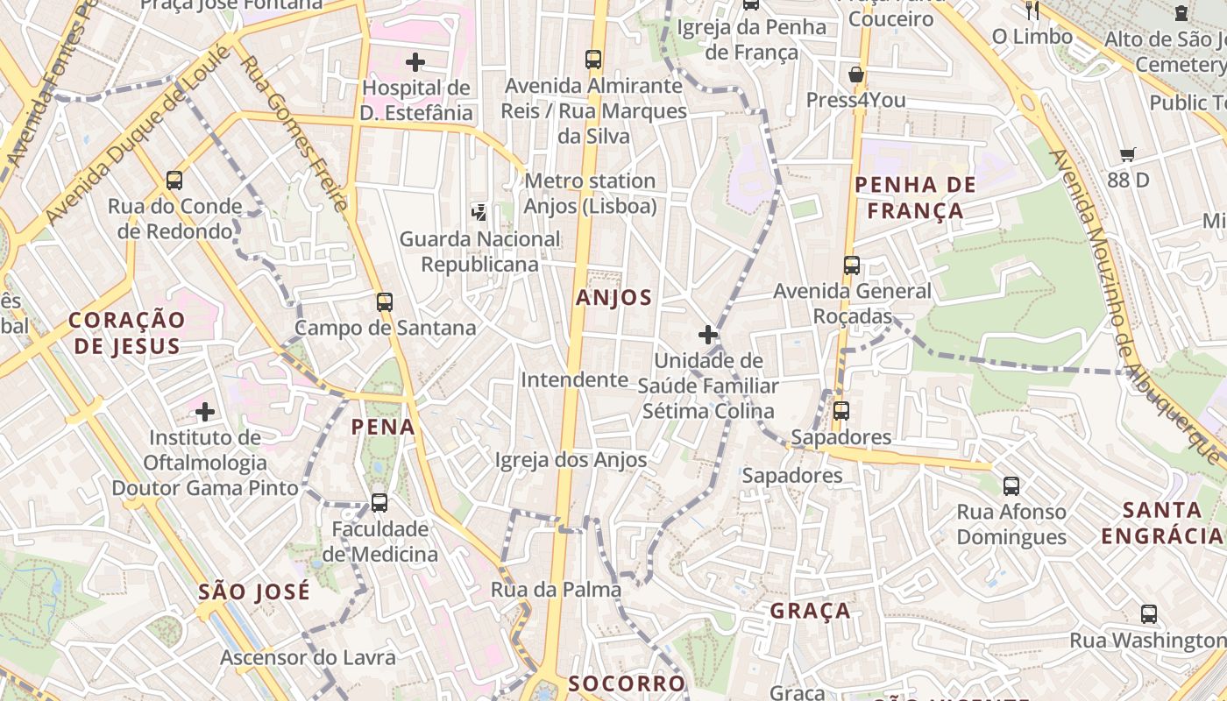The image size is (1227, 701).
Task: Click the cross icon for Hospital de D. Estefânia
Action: point(415,62)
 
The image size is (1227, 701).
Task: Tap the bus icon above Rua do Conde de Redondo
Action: point(174,181)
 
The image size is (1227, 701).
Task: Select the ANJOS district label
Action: point(613,298)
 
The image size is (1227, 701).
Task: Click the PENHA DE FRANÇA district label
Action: point(915,197)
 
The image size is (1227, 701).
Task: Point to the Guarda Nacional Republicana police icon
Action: point(479,211)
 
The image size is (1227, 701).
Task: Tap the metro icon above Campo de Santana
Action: point(384,302)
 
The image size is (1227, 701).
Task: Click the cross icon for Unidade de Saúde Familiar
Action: point(708,335)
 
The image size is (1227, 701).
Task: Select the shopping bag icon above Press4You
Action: point(856,74)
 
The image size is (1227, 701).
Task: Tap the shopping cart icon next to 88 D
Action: point(1128,155)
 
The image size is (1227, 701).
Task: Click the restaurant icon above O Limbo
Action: point(1032,11)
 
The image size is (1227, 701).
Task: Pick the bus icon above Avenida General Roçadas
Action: point(851,265)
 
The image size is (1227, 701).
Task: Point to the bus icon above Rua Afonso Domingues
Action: point(1011,485)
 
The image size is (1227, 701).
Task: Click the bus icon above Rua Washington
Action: point(1149,614)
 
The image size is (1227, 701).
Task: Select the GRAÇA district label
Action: point(810,611)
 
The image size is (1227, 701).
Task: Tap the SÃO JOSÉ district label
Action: point(254,591)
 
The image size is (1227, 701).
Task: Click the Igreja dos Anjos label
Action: point(571,460)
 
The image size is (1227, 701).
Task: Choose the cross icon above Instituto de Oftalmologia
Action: point(205,412)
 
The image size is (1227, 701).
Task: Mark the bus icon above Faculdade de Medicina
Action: point(379,503)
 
